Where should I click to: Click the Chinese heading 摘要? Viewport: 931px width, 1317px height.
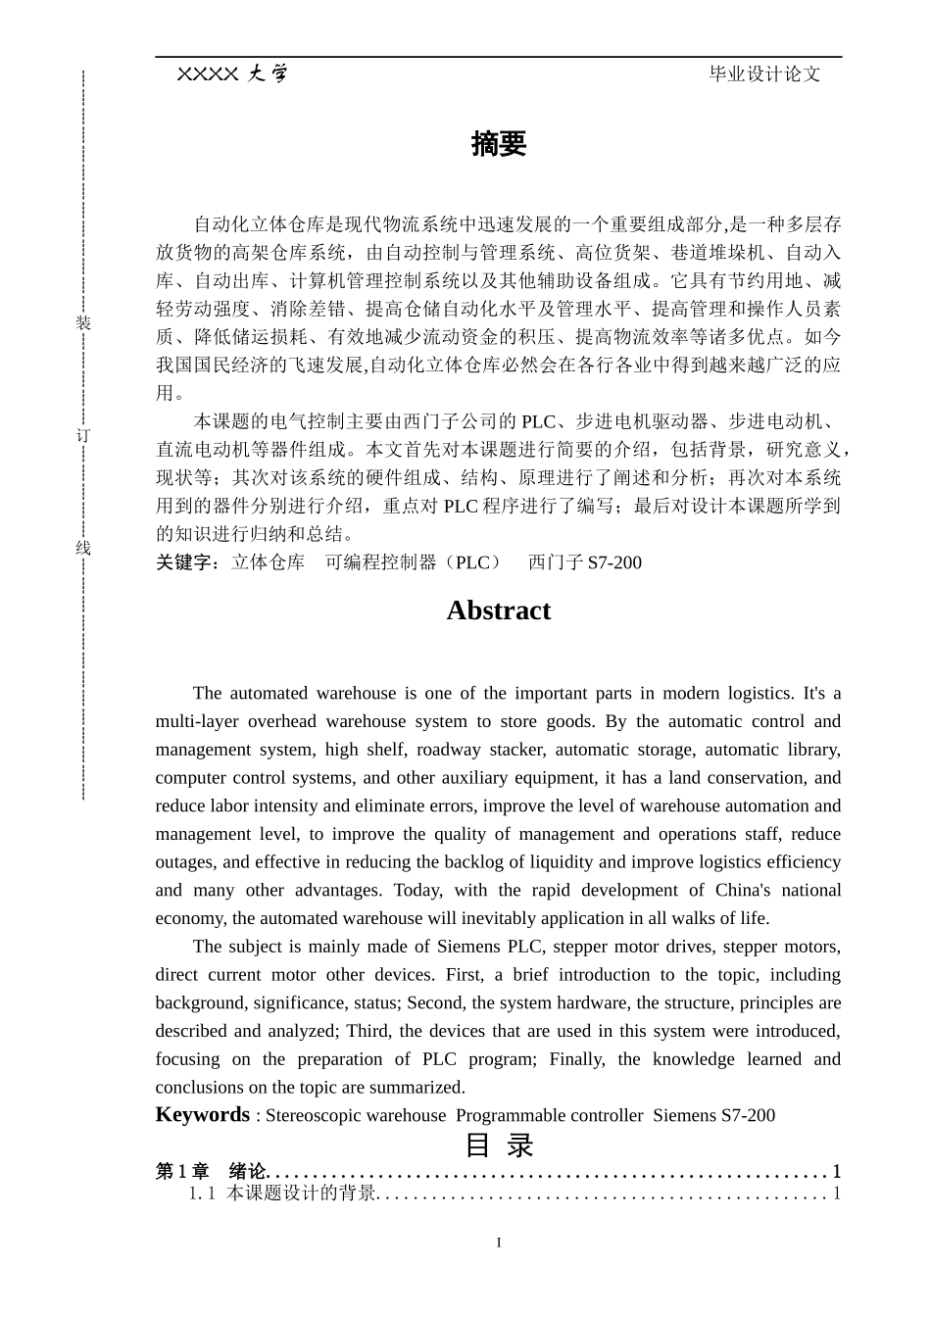pyautogui.click(x=498, y=144)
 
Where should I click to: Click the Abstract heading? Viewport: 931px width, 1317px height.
pyautogui.click(x=498, y=610)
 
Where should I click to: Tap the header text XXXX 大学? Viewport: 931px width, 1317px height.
pyautogui.click(x=232, y=73)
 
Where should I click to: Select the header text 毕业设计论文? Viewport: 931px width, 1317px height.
pyautogui.click(x=764, y=73)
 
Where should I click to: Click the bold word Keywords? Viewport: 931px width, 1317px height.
pyautogui.click(x=203, y=1114)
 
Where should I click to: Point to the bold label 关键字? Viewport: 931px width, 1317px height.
pyautogui.click(x=188, y=562)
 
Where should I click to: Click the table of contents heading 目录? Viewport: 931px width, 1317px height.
pyautogui.click(x=498, y=1145)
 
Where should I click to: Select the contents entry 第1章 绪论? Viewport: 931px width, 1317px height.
pyautogui.click(x=212, y=1171)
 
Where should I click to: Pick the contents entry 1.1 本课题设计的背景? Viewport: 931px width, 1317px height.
pyautogui.click(x=283, y=1193)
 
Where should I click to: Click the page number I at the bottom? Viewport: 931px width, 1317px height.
pyautogui.click(x=498, y=1243)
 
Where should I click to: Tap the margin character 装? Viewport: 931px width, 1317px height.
pyautogui.click(x=83, y=323)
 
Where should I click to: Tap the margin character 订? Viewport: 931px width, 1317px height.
pyautogui.click(x=83, y=435)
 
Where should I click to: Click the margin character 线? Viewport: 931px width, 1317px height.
pyautogui.click(x=83, y=548)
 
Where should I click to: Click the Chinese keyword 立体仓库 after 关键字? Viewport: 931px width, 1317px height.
pyautogui.click(x=269, y=562)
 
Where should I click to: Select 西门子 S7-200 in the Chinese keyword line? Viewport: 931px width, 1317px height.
pyautogui.click(x=585, y=562)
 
